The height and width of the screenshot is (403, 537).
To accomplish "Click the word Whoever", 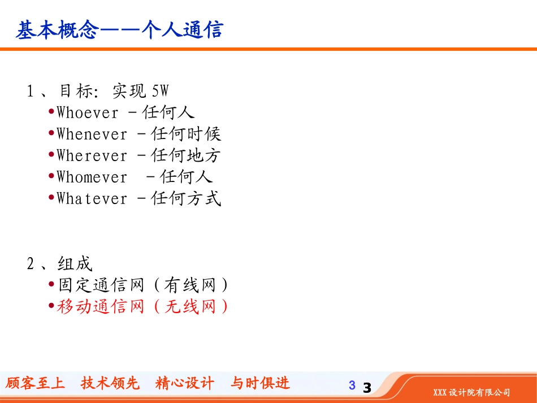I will point(88,112).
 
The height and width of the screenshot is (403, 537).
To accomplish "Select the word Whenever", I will point(92,134).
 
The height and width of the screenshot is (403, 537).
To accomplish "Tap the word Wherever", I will point(92,155).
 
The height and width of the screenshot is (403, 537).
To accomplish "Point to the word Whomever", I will point(92,177).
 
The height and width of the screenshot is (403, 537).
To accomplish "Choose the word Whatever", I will point(92,198).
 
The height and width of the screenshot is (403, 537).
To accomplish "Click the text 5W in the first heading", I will point(161,90).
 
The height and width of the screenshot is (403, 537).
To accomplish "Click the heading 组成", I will point(75,263).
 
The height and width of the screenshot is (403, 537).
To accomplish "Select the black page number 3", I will point(367,388).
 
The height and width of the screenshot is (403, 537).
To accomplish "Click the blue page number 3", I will point(352,385).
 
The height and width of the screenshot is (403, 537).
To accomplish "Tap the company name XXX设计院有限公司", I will point(471,392).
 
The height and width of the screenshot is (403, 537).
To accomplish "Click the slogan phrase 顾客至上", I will point(35,383).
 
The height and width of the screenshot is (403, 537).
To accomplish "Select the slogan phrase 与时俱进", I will point(260,383).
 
